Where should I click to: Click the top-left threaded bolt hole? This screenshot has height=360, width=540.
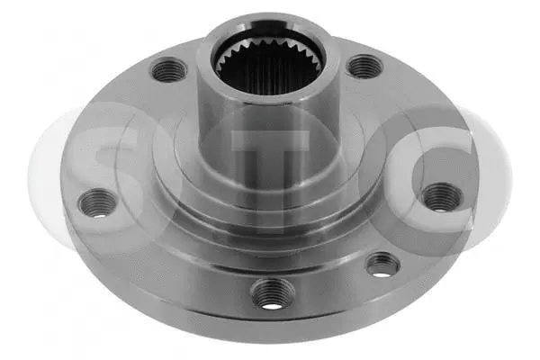[x=168, y=69]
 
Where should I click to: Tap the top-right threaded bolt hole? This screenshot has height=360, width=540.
[x=363, y=66]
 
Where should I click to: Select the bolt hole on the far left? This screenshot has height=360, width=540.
[x=97, y=202]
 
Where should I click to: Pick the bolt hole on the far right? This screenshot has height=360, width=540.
[x=441, y=196]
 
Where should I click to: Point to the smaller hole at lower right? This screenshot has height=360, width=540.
[x=382, y=263]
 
